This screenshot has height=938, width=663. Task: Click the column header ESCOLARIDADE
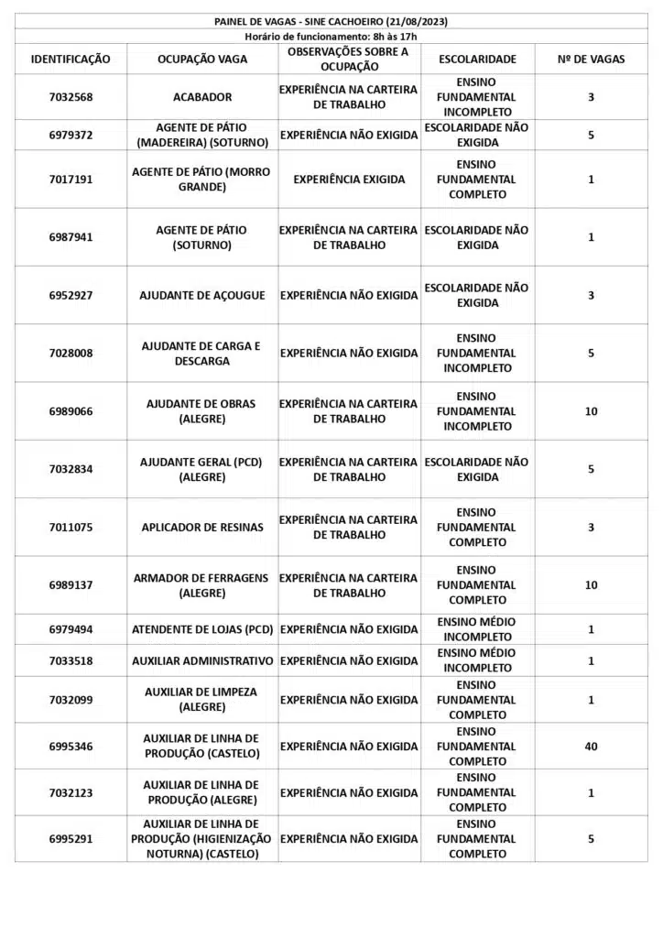[477, 60]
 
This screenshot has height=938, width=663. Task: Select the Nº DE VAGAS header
[591, 60]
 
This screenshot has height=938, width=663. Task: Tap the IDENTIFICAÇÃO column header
[71, 60]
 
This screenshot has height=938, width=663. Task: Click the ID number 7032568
[71, 97]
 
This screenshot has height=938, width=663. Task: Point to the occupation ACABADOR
[202, 97]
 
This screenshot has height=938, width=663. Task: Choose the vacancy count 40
[591, 747]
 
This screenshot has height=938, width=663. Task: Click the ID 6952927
[71, 296]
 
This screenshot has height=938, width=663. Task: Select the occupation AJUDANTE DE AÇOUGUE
[202, 296]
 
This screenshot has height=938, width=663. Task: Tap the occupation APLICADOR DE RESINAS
[202, 528]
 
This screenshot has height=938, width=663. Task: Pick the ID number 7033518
[71, 660]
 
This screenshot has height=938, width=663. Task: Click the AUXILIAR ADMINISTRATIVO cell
[202, 660]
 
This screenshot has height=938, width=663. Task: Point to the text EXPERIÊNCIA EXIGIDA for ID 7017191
[349, 180]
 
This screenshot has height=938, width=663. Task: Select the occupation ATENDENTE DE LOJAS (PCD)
[202, 629]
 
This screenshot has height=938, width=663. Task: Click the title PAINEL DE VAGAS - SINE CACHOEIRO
[331, 21]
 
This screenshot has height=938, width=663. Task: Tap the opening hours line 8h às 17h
[331, 36]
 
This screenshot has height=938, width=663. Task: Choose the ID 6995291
[71, 838]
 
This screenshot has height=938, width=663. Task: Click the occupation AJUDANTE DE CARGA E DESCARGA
[202, 354]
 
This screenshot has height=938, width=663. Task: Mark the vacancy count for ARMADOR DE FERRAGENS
[591, 585]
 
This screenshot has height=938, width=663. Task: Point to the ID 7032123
[71, 792]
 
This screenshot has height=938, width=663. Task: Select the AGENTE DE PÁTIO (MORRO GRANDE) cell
[202, 180]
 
